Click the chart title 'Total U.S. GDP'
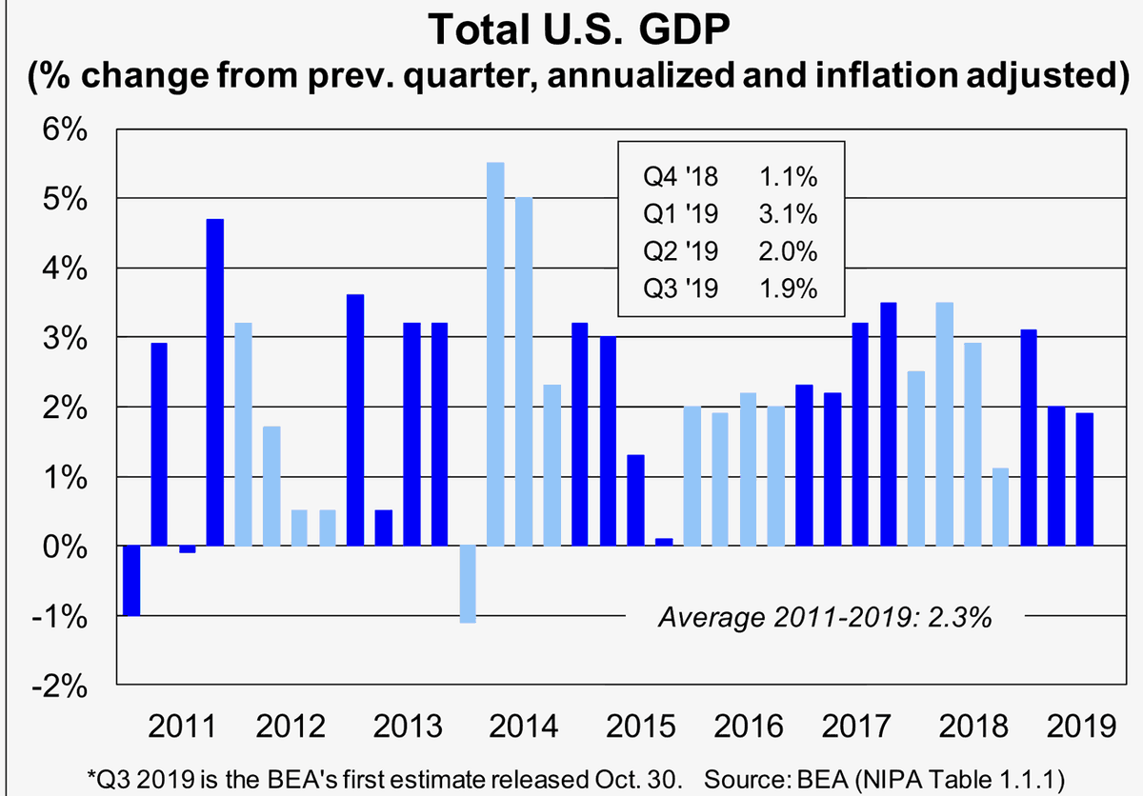(579, 30)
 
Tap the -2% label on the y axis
(59, 687)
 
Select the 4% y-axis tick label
(65, 269)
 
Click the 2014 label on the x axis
(524, 726)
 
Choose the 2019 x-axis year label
(1082, 726)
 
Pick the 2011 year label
(182, 726)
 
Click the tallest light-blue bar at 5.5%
(495, 354)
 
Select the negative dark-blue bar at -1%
(131, 580)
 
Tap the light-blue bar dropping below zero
(468, 584)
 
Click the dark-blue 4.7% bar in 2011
(215, 383)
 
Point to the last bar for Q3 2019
(1084, 479)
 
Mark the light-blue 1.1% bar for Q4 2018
(1000, 507)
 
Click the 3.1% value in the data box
(788, 213)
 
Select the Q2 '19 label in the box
(681, 250)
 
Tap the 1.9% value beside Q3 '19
(788, 289)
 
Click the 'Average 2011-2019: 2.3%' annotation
(825, 618)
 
